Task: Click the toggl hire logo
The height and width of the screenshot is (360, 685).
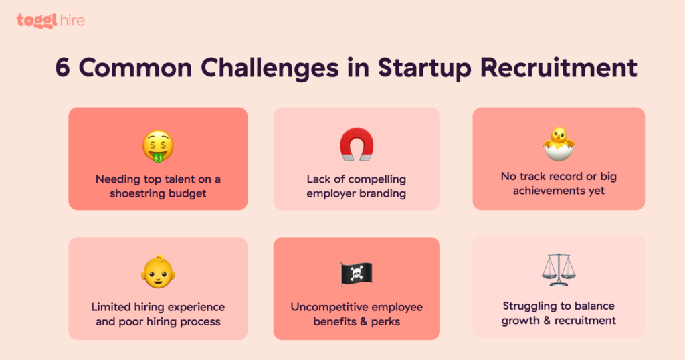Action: [51, 21]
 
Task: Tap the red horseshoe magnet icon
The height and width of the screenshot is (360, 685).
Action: [357, 145]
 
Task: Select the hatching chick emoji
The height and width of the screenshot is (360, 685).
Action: [559, 143]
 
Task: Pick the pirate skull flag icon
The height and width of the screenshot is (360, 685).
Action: [356, 274]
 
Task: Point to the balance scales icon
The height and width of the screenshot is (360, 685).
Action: [559, 270]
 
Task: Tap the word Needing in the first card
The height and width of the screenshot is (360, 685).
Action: [115, 179]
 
